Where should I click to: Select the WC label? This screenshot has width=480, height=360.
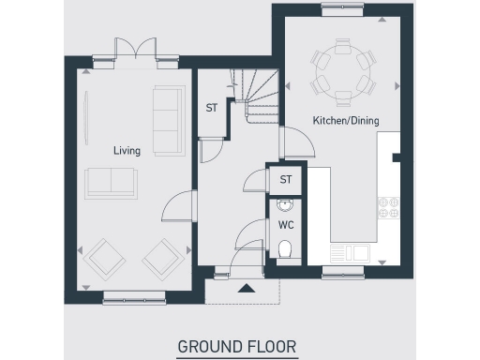tap(285, 225)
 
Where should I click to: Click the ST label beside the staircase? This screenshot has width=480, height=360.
tap(212, 108)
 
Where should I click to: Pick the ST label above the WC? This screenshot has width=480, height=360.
tap(285, 179)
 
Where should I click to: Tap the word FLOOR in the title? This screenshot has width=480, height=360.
tap(272, 347)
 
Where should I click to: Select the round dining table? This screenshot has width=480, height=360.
tap(341, 69)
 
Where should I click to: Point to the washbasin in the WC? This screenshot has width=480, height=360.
tap(285, 204)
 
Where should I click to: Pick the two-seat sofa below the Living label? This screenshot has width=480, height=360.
tap(109, 181)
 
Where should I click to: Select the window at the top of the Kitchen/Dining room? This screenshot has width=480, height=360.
tap(341, 9)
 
